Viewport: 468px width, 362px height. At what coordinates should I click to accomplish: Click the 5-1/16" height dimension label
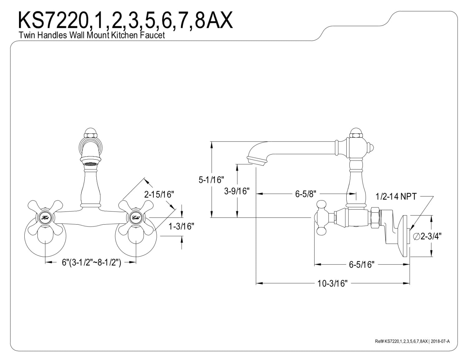click(x=211, y=180)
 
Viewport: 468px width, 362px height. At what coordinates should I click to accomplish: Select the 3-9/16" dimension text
click(x=237, y=191)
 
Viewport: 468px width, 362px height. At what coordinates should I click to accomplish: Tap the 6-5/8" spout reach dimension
click(x=305, y=194)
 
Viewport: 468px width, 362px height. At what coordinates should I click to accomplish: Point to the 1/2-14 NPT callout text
click(x=396, y=196)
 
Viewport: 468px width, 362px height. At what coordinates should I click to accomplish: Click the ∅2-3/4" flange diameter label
click(x=427, y=236)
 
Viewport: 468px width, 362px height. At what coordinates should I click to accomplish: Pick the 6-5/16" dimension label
click(x=362, y=265)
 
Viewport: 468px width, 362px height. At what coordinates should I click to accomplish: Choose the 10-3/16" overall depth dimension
click(x=333, y=284)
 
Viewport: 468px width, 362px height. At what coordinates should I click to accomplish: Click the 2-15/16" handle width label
click(x=159, y=195)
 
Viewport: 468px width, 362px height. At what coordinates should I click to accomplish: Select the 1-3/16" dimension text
click(x=181, y=226)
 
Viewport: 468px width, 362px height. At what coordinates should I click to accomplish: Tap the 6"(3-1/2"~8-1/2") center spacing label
click(x=91, y=263)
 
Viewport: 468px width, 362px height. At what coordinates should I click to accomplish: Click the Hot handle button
click(x=46, y=218)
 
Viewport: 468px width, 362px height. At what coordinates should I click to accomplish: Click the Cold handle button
click(x=136, y=218)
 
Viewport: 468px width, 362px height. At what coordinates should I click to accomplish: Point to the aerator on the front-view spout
click(x=90, y=164)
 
